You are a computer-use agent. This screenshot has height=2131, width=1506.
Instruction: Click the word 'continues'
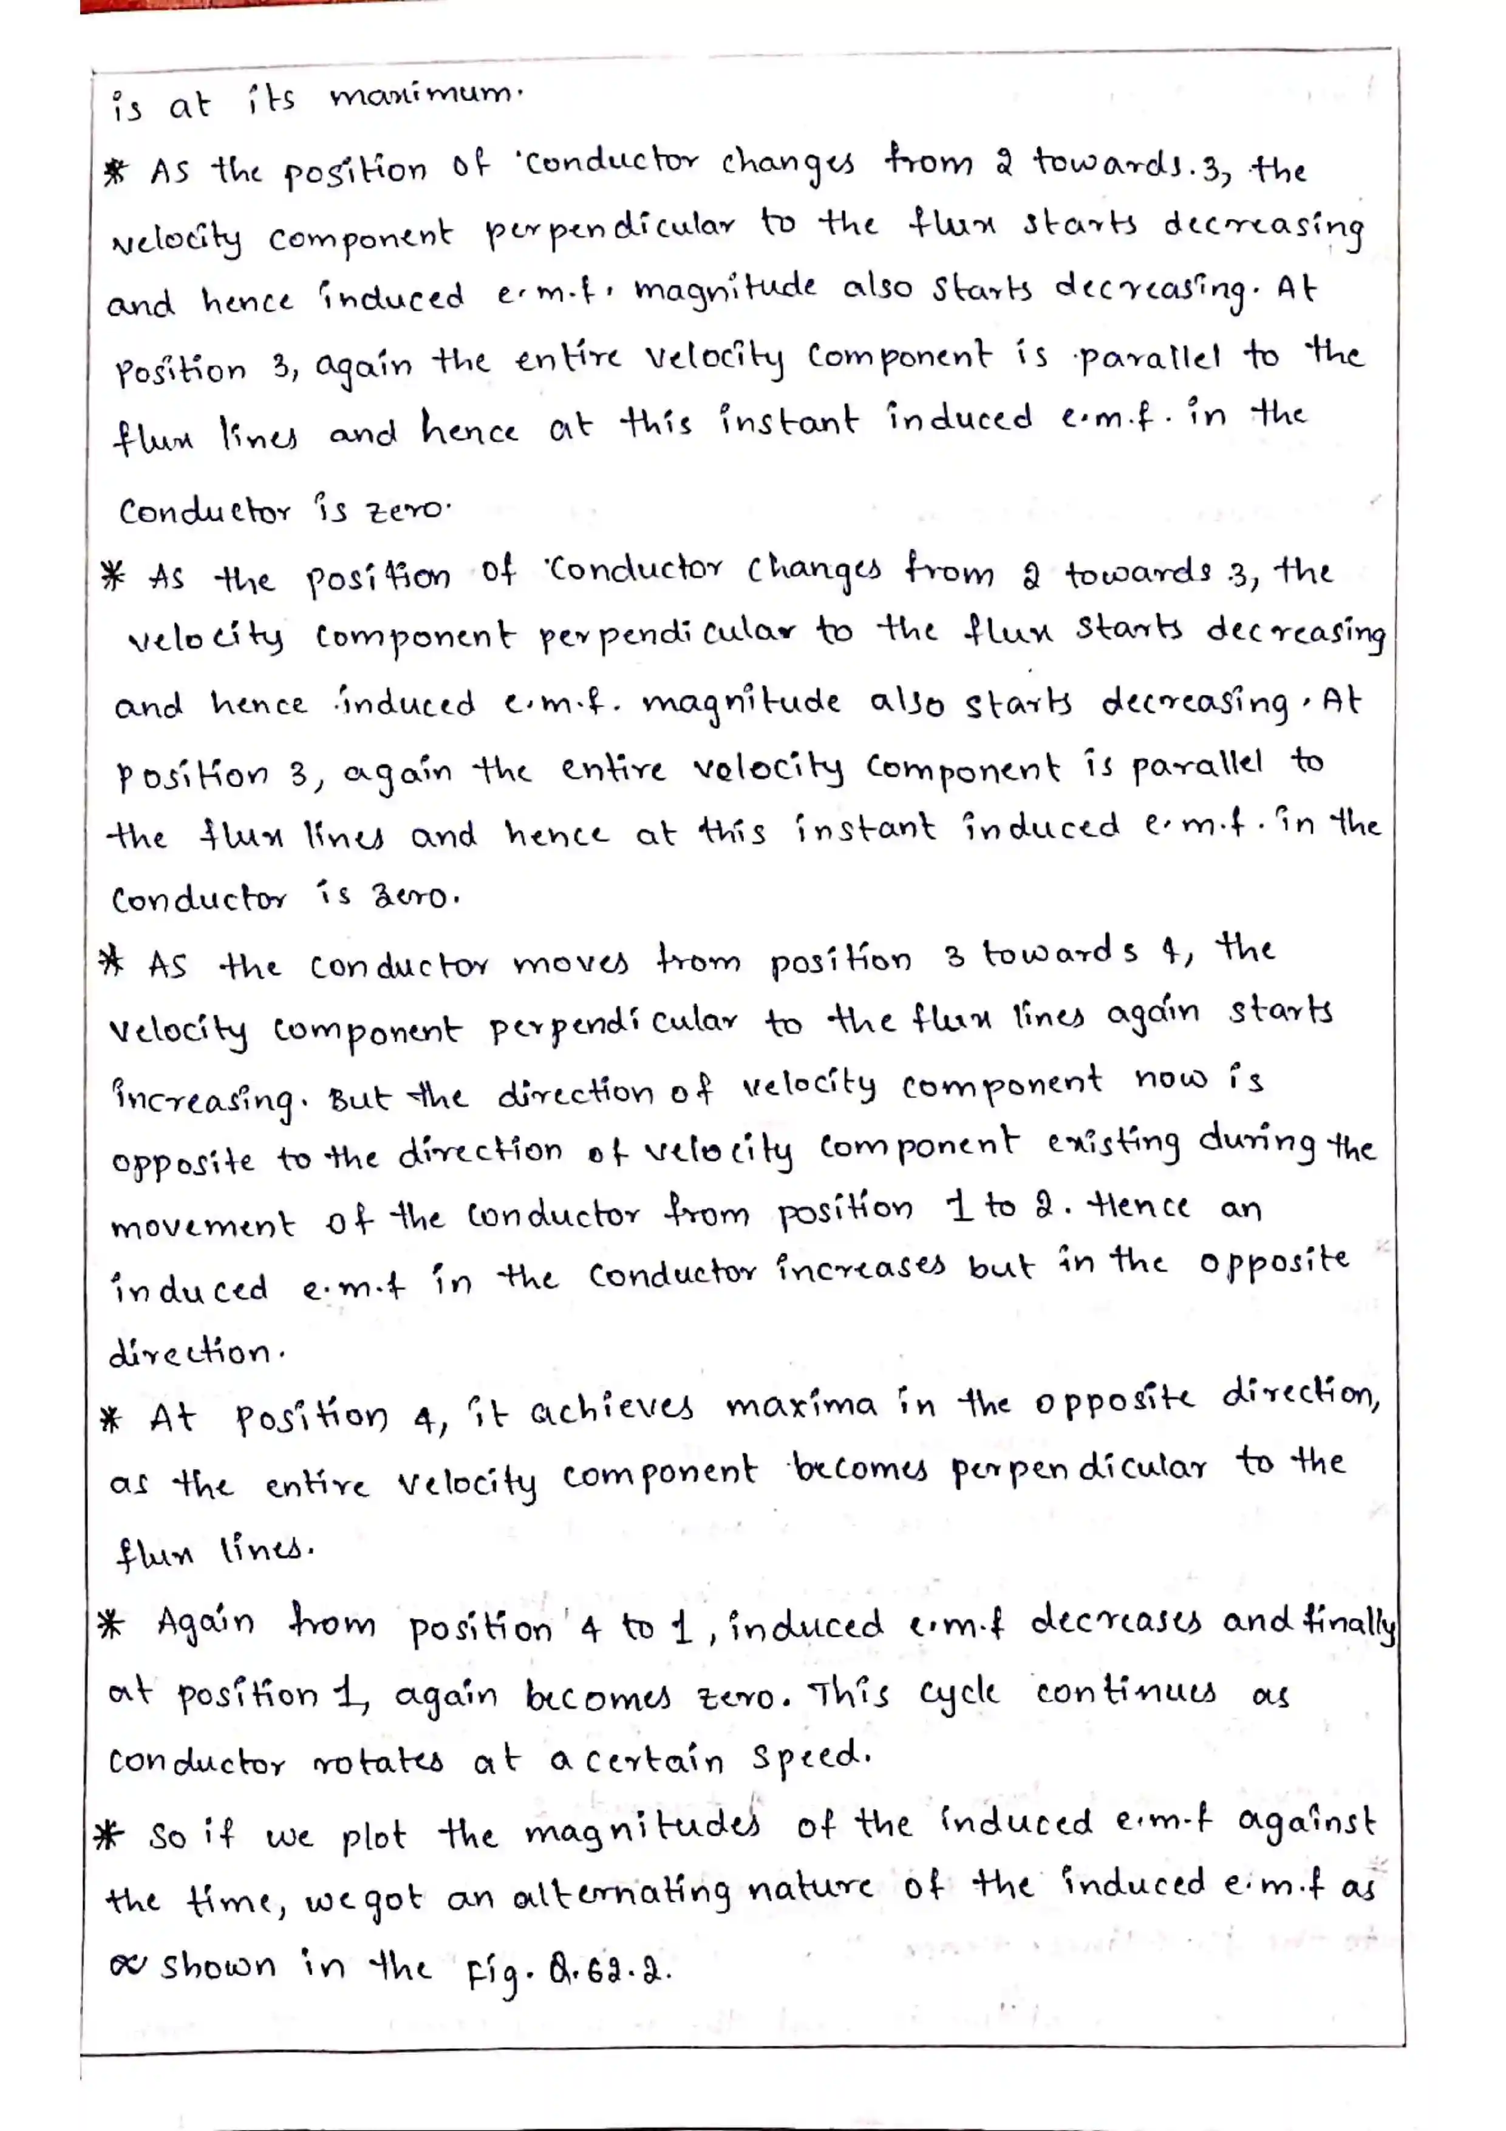coord(1126,1691)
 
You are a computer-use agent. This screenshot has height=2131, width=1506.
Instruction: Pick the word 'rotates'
coord(378,1761)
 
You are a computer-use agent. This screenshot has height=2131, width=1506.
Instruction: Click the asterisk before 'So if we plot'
coord(109,1835)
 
